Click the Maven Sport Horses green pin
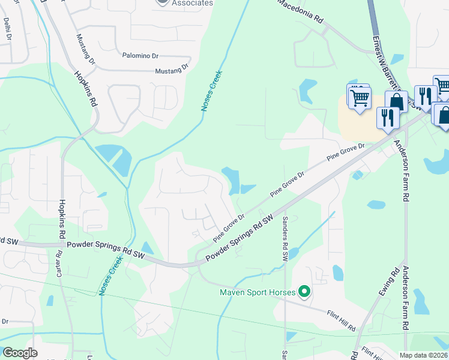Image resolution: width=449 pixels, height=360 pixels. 304,292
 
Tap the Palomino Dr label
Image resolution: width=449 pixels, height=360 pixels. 140,56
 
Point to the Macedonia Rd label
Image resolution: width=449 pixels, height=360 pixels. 300,10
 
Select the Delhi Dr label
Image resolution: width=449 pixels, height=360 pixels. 7,28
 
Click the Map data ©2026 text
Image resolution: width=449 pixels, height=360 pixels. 424,355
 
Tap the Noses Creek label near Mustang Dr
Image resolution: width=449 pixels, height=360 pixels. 211,92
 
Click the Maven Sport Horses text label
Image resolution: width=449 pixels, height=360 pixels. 257,293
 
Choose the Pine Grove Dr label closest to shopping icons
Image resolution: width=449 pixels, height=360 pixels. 346,151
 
